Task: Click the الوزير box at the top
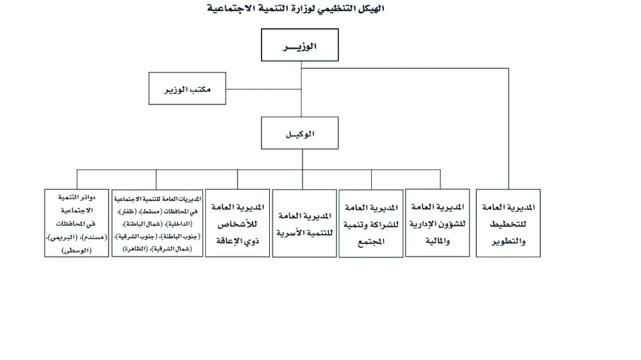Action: (x=299, y=45)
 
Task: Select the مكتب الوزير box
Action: (x=187, y=88)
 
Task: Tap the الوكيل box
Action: (x=299, y=133)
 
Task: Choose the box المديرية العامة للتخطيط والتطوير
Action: (x=508, y=223)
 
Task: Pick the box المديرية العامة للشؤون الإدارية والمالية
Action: (x=437, y=223)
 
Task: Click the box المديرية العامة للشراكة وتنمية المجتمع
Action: (x=370, y=224)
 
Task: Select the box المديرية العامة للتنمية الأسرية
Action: (x=304, y=224)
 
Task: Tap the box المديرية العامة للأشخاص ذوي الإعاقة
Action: (x=238, y=223)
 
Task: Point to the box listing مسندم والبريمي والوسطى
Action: (x=76, y=223)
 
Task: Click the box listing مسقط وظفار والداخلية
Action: (x=158, y=223)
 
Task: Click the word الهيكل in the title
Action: (x=371, y=8)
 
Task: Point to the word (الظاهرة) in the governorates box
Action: (x=135, y=249)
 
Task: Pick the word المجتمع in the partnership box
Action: (x=370, y=242)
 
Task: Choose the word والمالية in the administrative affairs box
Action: (x=437, y=241)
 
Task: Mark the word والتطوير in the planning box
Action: (x=508, y=241)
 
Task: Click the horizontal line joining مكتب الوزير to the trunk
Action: (x=263, y=89)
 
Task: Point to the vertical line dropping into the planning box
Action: (x=508, y=129)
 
